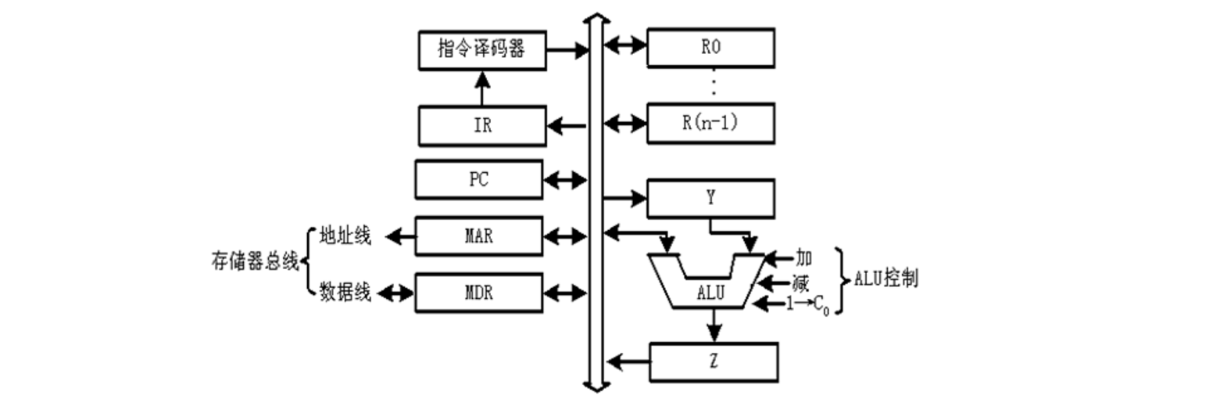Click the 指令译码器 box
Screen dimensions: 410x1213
click(481, 50)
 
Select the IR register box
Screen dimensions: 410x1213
click(482, 126)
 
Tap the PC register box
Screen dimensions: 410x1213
click(478, 179)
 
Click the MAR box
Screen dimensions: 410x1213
click(478, 236)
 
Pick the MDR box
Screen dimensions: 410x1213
click(478, 293)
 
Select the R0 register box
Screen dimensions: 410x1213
click(710, 48)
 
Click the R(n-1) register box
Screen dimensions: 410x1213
click(710, 123)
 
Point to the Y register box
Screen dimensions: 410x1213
click(710, 198)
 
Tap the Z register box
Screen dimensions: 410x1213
click(713, 361)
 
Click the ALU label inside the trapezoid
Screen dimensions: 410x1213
click(710, 293)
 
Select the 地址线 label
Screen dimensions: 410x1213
click(345, 236)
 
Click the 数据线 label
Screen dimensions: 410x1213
click(345, 293)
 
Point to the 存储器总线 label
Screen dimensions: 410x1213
click(255, 263)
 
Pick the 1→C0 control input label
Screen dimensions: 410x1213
click(810, 305)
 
